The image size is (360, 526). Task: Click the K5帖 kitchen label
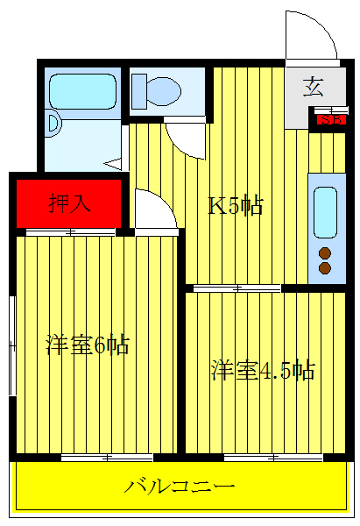coord(235,206)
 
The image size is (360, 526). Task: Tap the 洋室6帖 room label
coord(87,345)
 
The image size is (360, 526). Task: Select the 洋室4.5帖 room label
coord(262,370)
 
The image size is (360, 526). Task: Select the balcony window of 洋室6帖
coord(107,457)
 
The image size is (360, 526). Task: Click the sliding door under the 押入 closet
coord(70,232)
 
